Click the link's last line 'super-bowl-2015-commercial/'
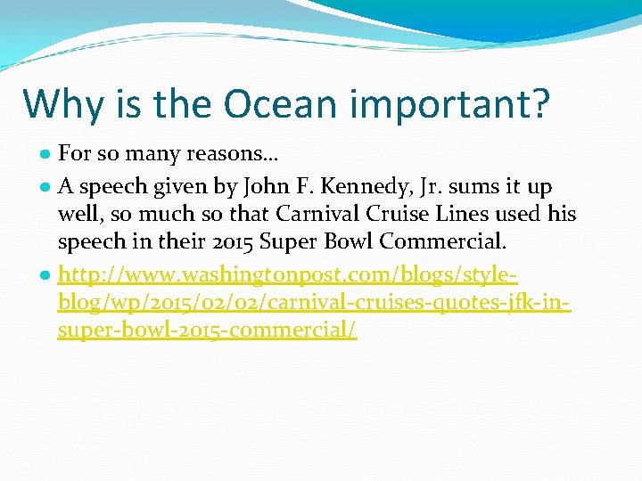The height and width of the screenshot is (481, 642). click(x=207, y=331)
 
